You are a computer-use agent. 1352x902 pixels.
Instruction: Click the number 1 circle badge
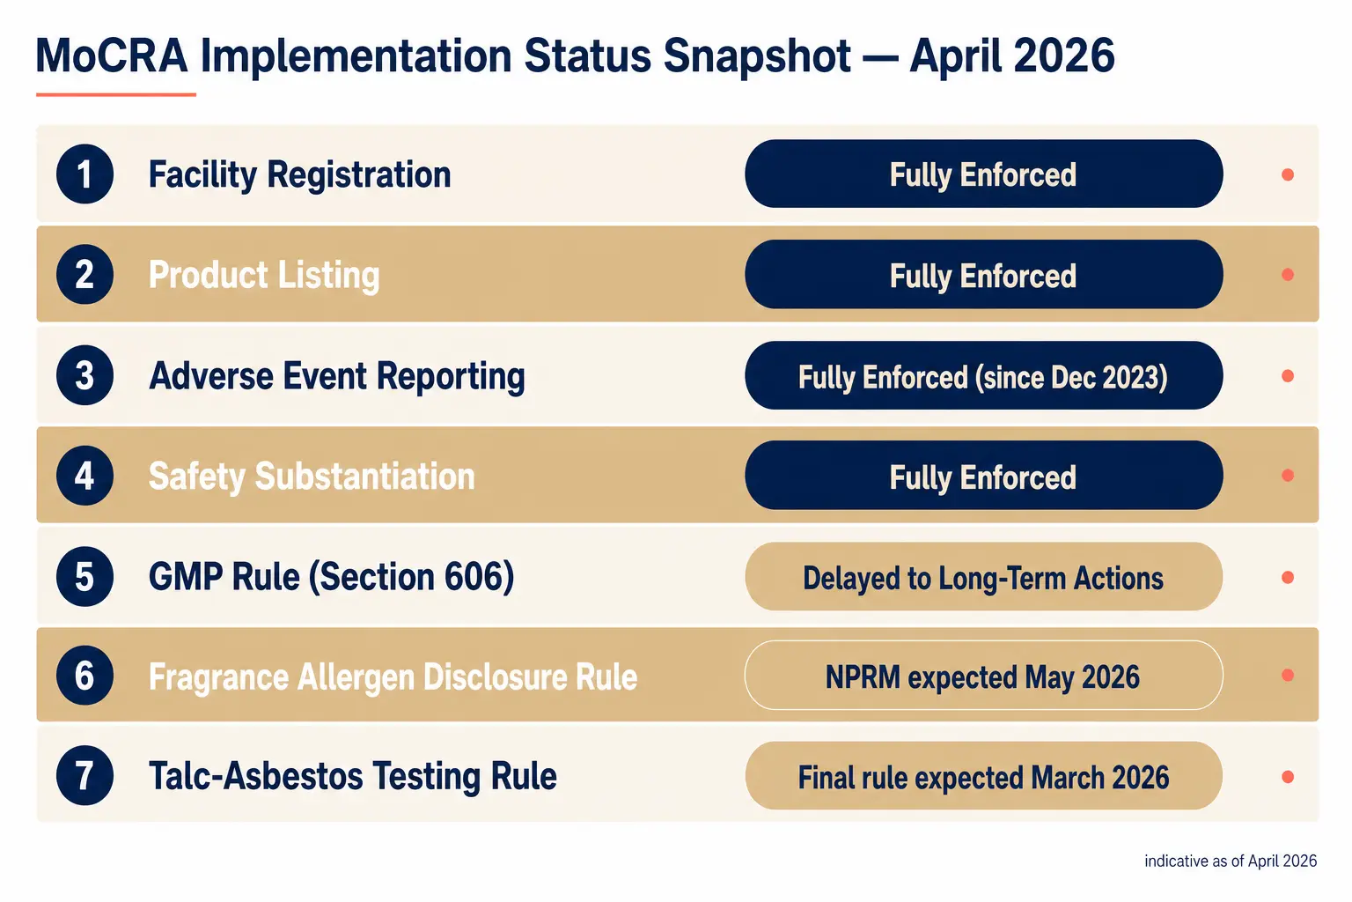click(84, 174)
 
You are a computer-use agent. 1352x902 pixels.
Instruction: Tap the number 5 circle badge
click(84, 576)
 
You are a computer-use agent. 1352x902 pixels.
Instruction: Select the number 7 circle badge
click(84, 776)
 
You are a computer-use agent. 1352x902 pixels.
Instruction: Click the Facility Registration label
click(299, 175)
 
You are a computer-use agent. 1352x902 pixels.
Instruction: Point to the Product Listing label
click(264, 276)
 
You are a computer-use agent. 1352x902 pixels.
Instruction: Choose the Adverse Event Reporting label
click(337, 376)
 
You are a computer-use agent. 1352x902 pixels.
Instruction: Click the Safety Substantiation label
click(312, 477)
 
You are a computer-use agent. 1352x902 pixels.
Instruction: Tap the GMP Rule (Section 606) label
click(331, 577)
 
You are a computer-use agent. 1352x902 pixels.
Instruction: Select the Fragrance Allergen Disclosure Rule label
click(393, 676)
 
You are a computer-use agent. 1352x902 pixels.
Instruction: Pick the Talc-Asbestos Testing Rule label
click(352, 776)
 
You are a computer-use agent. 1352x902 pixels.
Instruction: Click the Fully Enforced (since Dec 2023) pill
click(984, 376)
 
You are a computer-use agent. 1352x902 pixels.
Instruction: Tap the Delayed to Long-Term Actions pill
click(984, 576)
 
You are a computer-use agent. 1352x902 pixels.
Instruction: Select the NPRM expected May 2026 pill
click(984, 676)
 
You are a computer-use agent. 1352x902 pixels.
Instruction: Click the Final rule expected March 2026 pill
click(984, 776)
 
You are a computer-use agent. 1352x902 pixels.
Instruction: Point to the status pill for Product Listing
click(984, 274)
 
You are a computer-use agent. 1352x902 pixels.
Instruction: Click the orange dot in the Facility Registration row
click(1288, 174)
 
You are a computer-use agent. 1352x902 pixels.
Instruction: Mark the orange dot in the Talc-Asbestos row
click(1288, 776)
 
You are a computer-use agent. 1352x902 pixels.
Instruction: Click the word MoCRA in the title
click(112, 55)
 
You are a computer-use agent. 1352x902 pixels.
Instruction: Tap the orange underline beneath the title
click(116, 95)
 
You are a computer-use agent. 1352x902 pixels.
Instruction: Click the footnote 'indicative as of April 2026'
click(1231, 861)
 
